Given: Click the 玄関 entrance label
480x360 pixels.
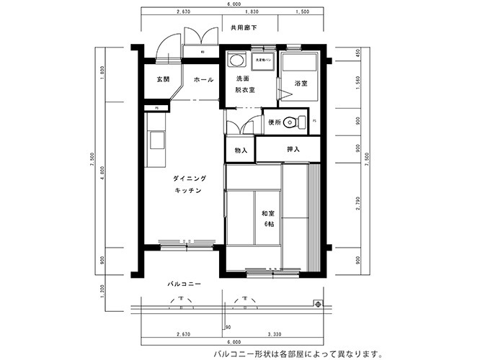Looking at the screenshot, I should tap(162, 79).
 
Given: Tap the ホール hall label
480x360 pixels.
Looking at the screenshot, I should tap(203, 79).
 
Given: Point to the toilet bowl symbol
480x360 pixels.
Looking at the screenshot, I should tap(291, 122).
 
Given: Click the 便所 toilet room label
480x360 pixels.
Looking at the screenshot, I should tap(275, 122).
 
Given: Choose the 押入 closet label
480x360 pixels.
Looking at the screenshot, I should tap(293, 150).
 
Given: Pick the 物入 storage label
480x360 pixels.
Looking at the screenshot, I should tap(241, 150).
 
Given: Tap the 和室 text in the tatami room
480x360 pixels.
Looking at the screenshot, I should tap(268, 213).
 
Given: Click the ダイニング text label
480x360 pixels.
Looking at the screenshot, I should tap(189, 178).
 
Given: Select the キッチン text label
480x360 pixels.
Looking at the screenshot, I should tap(187, 190).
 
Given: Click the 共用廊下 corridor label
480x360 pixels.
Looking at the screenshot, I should tap(244, 29).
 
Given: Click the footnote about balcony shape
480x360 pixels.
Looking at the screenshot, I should tap(295, 354).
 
